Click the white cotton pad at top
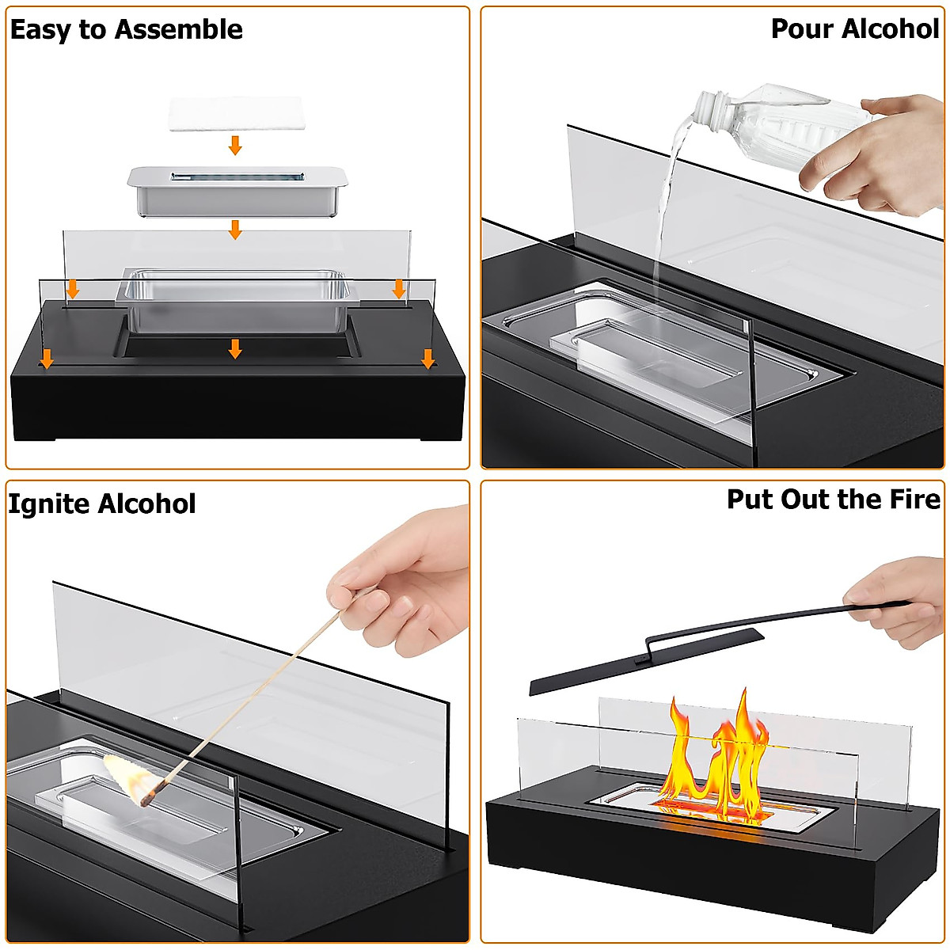coord(235,114)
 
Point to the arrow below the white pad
coord(235,145)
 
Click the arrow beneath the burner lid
coord(235,230)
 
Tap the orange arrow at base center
coord(235,348)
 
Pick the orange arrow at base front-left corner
coord(47,359)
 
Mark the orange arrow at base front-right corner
coord(428,359)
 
